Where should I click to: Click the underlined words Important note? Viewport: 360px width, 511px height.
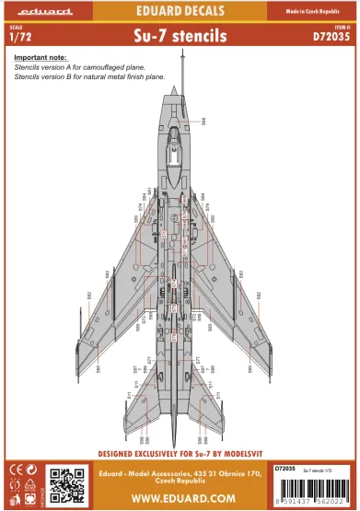click(x=41, y=58)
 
